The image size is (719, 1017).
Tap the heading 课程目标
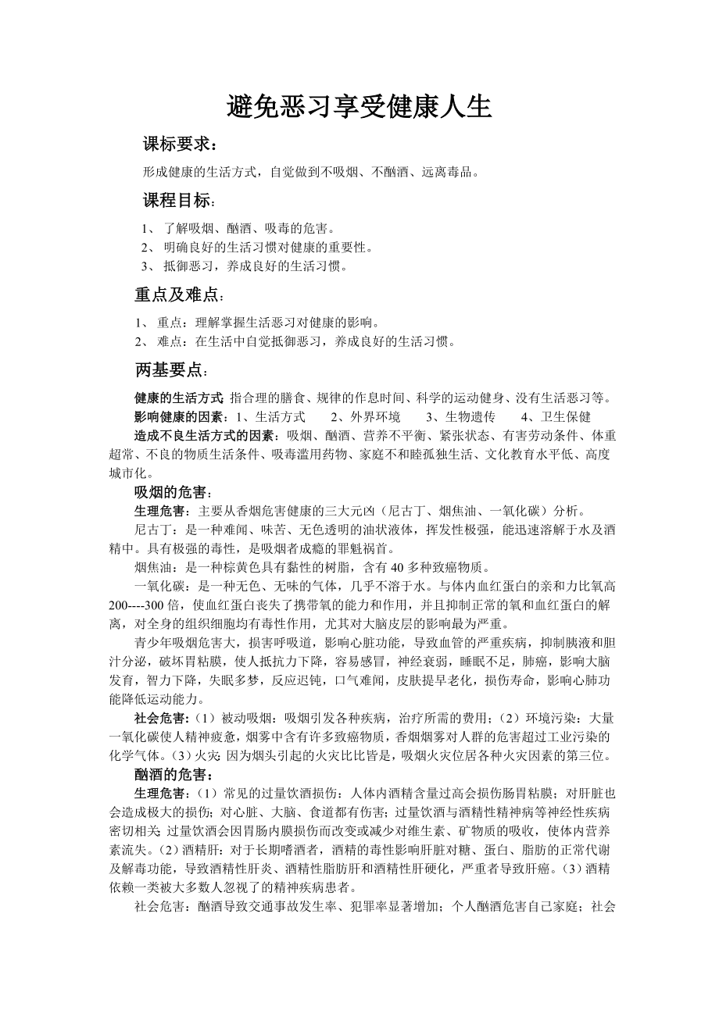(x=177, y=201)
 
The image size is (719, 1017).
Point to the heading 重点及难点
(x=177, y=294)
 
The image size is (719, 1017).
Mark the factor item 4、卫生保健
(x=556, y=416)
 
